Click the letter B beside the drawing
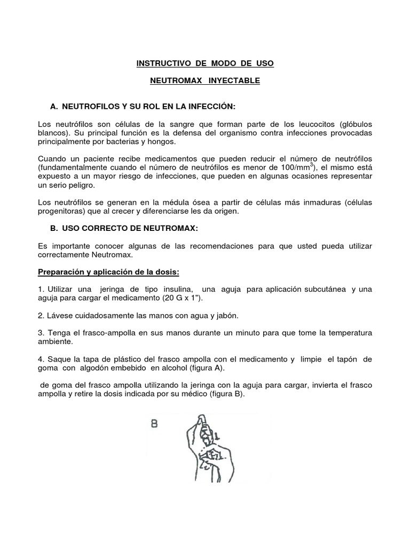point(154,425)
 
